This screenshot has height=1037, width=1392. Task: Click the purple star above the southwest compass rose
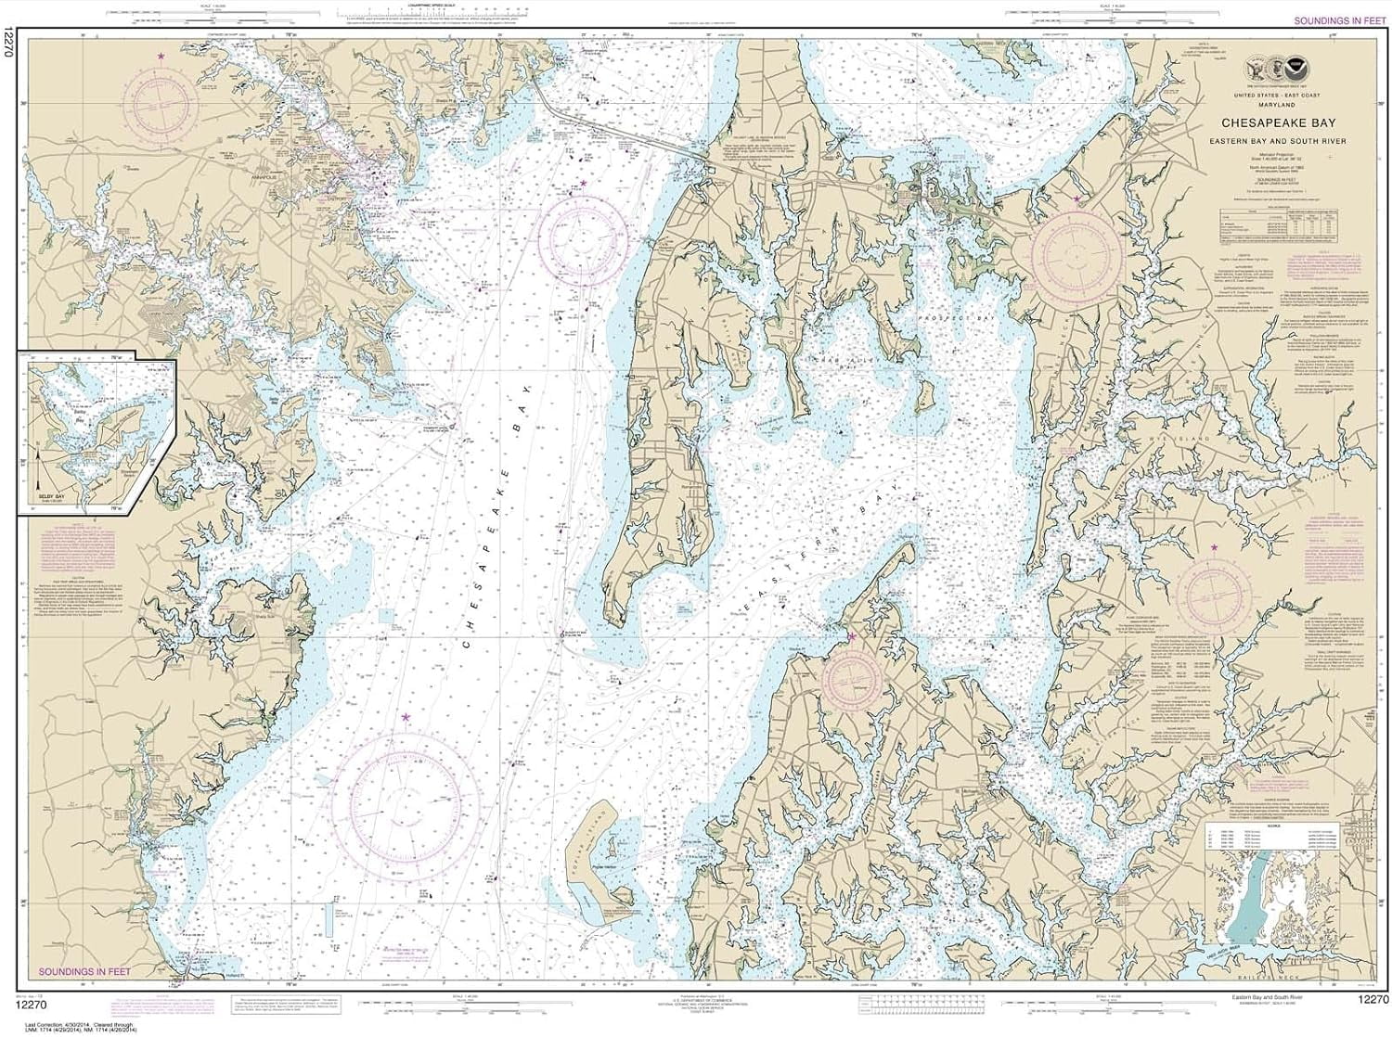click(x=406, y=717)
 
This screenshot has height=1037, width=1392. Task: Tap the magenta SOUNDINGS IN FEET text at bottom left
click(x=84, y=971)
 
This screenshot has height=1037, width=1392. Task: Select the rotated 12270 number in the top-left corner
click(x=8, y=42)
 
